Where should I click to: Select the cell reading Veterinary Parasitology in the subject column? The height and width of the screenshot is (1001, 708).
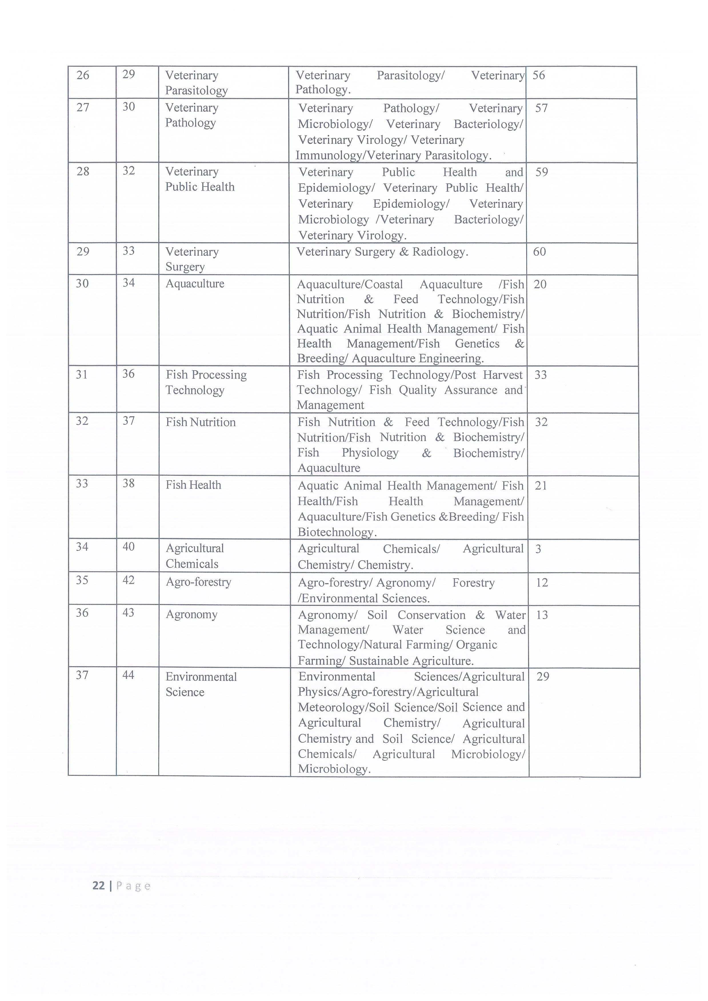[196, 83]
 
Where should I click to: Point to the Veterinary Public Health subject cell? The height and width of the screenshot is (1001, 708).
[200, 179]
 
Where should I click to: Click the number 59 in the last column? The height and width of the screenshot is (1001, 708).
[541, 172]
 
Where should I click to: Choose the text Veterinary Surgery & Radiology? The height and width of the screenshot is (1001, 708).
[382, 252]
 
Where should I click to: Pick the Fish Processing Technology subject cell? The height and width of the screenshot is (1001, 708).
[206, 382]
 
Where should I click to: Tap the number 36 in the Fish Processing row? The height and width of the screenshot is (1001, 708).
[128, 374]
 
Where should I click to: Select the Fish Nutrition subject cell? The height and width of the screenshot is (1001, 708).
[201, 422]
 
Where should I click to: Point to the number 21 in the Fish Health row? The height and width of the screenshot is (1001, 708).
[541, 486]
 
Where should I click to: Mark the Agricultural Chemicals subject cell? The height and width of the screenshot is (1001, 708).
[195, 556]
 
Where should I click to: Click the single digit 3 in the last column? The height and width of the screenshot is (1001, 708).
[538, 549]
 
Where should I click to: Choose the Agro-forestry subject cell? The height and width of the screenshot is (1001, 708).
[198, 582]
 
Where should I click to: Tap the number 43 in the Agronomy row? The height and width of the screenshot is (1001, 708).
[128, 612]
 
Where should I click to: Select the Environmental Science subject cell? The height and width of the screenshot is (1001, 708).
[201, 684]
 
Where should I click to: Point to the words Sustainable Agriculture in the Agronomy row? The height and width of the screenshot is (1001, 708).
[411, 661]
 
